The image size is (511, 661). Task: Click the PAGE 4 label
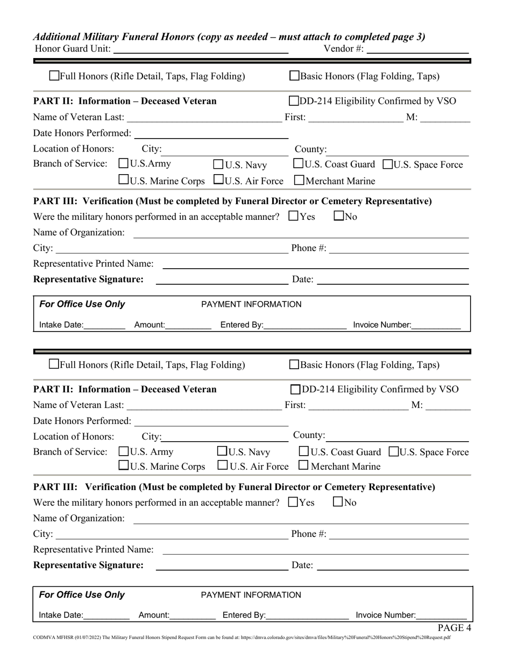pos(454,627)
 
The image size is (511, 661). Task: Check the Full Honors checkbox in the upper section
pos(54,76)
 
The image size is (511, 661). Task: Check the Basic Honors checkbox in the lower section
pos(295,364)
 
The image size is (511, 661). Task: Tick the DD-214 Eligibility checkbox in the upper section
pos(295,100)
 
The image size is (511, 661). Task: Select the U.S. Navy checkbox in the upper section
pos(219,164)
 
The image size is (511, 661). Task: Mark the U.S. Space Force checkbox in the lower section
pos(394,451)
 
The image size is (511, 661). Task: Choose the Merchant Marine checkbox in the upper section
pos(300,181)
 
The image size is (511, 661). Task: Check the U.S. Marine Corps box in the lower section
pos(123,465)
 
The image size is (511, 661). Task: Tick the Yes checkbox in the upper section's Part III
pos(293,216)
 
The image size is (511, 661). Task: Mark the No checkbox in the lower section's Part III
pos(339,502)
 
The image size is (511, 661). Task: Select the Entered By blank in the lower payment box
pos(308,616)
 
